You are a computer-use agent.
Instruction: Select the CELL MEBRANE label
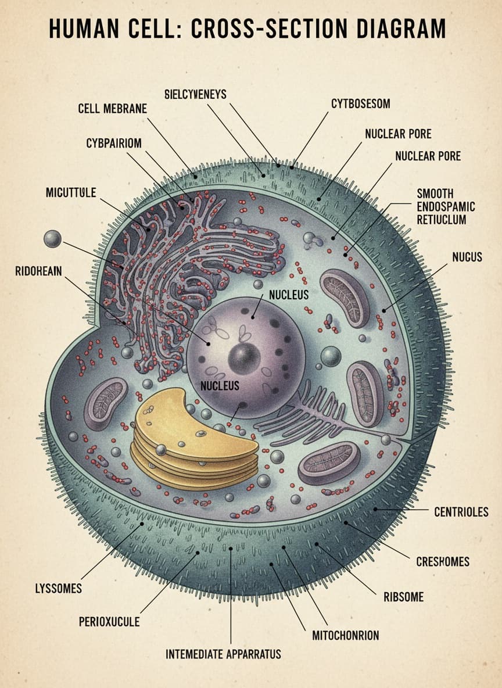click(112, 109)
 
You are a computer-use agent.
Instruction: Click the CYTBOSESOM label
click(360, 103)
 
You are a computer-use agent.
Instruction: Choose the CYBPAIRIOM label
click(114, 144)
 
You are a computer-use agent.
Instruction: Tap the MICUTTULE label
click(71, 192)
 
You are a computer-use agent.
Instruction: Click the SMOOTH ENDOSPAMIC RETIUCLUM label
click(446, 206)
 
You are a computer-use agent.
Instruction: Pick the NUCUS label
click(467, 256)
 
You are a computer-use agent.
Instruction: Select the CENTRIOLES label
click(461, 512)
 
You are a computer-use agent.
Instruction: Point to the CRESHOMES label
click(443, 562)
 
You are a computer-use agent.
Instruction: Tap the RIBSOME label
click(403, 597)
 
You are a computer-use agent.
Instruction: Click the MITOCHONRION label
click(345, 635)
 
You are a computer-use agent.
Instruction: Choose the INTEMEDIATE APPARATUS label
click(223, 654)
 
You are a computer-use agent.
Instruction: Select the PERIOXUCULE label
click(109, 622)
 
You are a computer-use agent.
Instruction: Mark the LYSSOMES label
click(59, 589)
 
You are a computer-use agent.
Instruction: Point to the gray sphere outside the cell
click(52, 239)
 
